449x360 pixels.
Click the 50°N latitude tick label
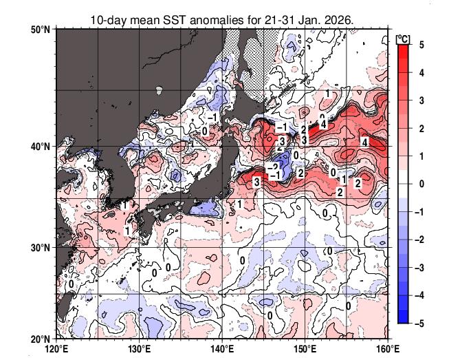40,30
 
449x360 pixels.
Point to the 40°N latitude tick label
40,147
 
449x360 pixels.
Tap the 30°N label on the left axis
40,248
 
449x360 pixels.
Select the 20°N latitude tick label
40,339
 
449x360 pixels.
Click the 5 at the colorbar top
421,44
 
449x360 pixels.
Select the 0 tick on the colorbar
421,184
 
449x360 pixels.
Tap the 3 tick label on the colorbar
421,100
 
